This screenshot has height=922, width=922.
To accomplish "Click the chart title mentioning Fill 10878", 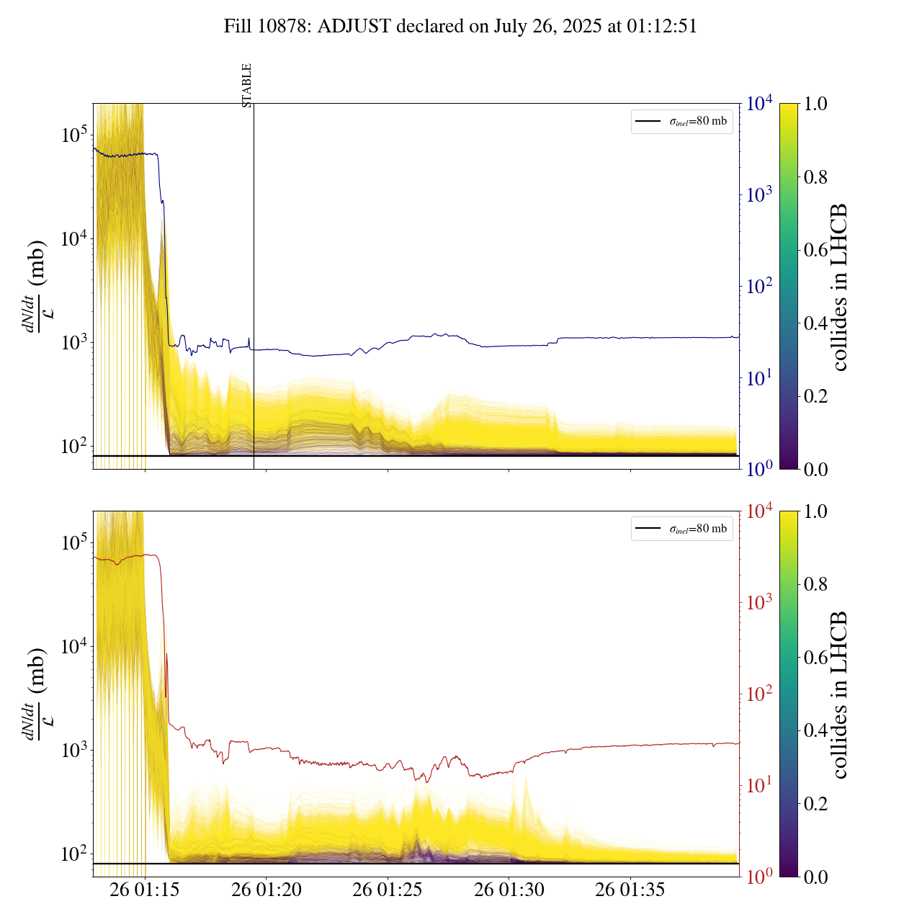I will (460, 27).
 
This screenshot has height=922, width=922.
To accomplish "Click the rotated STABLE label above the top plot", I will (247, 85).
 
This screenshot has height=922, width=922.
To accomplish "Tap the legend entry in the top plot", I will (681, 121).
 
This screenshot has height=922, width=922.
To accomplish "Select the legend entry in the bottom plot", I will (681, 529).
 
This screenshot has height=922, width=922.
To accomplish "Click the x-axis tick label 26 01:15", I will (145, 890).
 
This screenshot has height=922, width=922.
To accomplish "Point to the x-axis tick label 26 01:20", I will (267, 890).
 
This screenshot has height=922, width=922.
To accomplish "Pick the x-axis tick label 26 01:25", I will (388, 890).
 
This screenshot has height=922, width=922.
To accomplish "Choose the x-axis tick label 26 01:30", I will (509, 890).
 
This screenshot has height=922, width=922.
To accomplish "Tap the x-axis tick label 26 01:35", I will (630, 890).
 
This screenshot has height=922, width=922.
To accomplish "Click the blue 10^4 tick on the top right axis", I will (760, 104).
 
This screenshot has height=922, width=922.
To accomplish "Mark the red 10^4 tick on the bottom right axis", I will (760, 511).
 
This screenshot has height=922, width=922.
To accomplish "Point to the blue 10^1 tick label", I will (758, 377).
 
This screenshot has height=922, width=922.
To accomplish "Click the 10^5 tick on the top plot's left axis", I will (74, 135).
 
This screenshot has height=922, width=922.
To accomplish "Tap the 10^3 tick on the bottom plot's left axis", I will (74, 751).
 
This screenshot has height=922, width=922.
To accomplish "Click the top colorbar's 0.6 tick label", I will (815, 250).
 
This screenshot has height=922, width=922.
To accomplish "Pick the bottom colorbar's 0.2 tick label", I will (815, 804).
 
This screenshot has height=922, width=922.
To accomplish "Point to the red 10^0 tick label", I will (758, 877).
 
